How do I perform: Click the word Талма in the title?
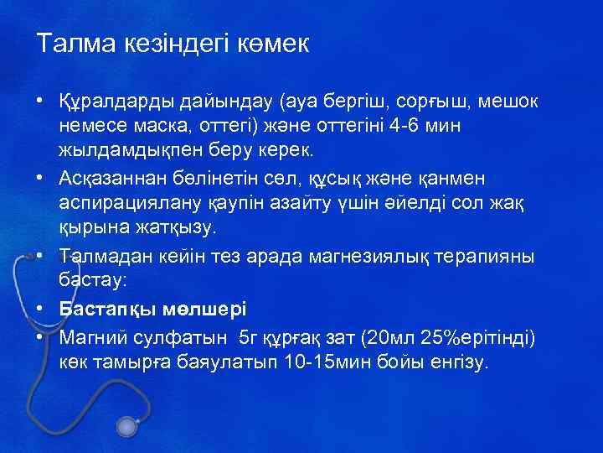[71, 44]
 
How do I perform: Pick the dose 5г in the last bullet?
[250, 338]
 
